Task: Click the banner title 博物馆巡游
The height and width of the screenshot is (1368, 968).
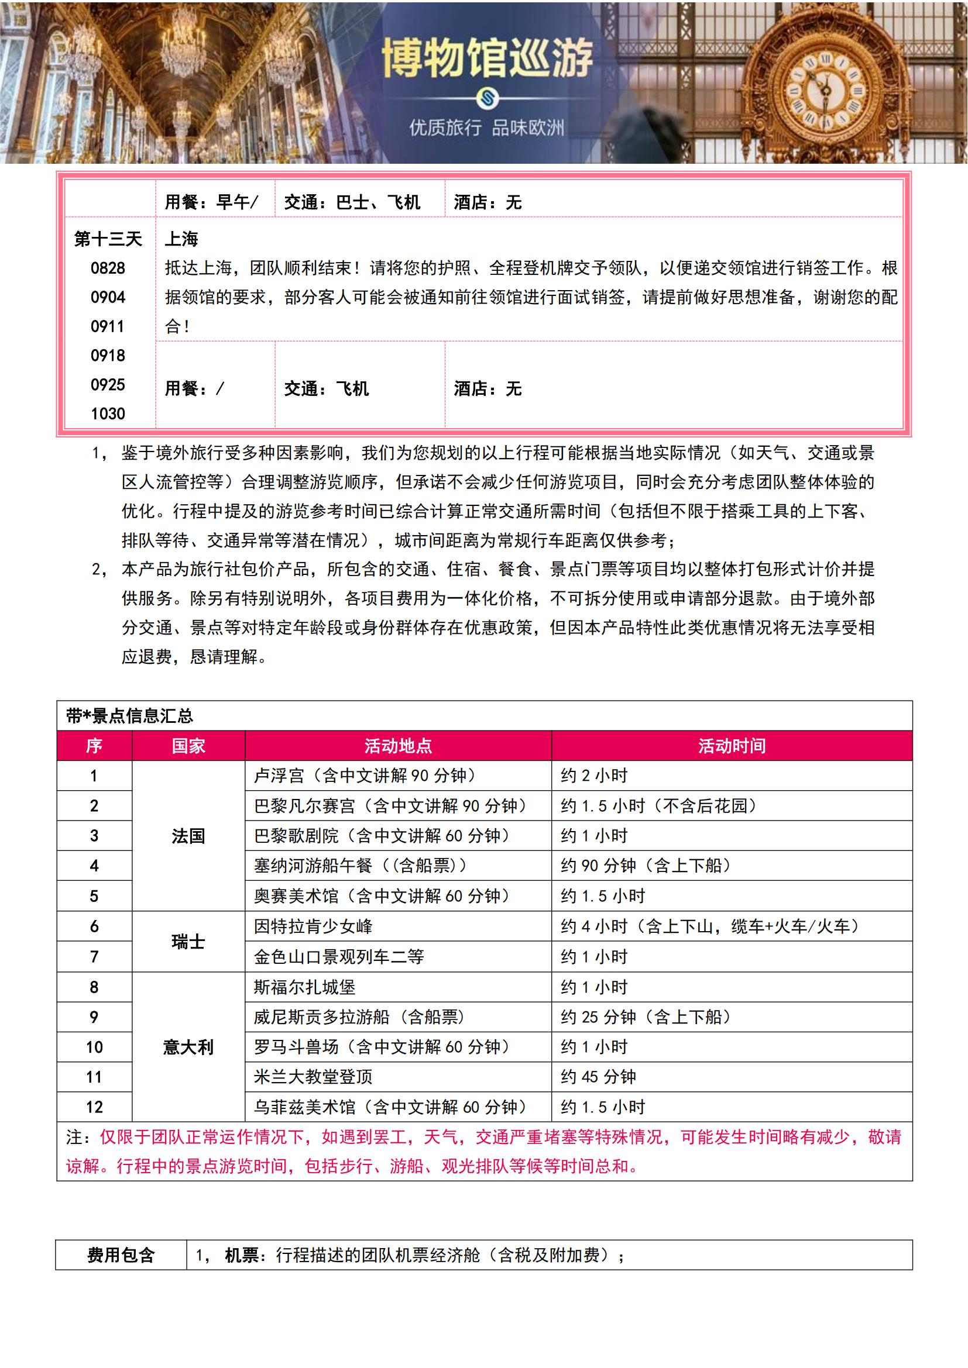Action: [x=487, y=58]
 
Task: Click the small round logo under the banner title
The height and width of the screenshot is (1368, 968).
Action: [x=487, y=99]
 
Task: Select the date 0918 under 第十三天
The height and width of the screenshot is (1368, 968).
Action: [x=108, y=356]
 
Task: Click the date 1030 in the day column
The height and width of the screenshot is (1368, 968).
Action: [x=108, y=413]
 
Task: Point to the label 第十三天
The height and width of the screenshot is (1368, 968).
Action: [x=108, y=240]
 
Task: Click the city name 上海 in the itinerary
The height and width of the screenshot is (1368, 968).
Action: [x=181, y=240]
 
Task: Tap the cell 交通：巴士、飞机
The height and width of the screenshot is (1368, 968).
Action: [x=352, y=202]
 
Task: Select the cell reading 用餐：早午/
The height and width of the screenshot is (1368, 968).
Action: [x=211, y=202]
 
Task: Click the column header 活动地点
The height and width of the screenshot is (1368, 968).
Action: [x=397, y=746]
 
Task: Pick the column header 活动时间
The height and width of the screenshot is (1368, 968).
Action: [x=732, y=746]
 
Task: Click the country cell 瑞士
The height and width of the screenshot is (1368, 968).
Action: [x=188, y=942]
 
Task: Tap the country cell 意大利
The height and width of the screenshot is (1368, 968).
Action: [x=188, y=1047]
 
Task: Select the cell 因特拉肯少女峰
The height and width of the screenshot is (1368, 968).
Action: [x=313, y=926]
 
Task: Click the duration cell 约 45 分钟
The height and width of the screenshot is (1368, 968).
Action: [x=599, y=1077]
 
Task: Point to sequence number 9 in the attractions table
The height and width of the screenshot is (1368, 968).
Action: [x=94, y=1016]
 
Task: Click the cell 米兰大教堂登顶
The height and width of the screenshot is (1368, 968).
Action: [x=313, y=1077]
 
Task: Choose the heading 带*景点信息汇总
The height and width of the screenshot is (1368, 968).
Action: [x=129, y=715]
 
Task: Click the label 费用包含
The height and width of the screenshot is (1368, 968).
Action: [x=121, y=1255]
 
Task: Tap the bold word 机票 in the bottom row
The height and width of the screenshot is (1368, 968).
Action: [x=241, y=1255]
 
